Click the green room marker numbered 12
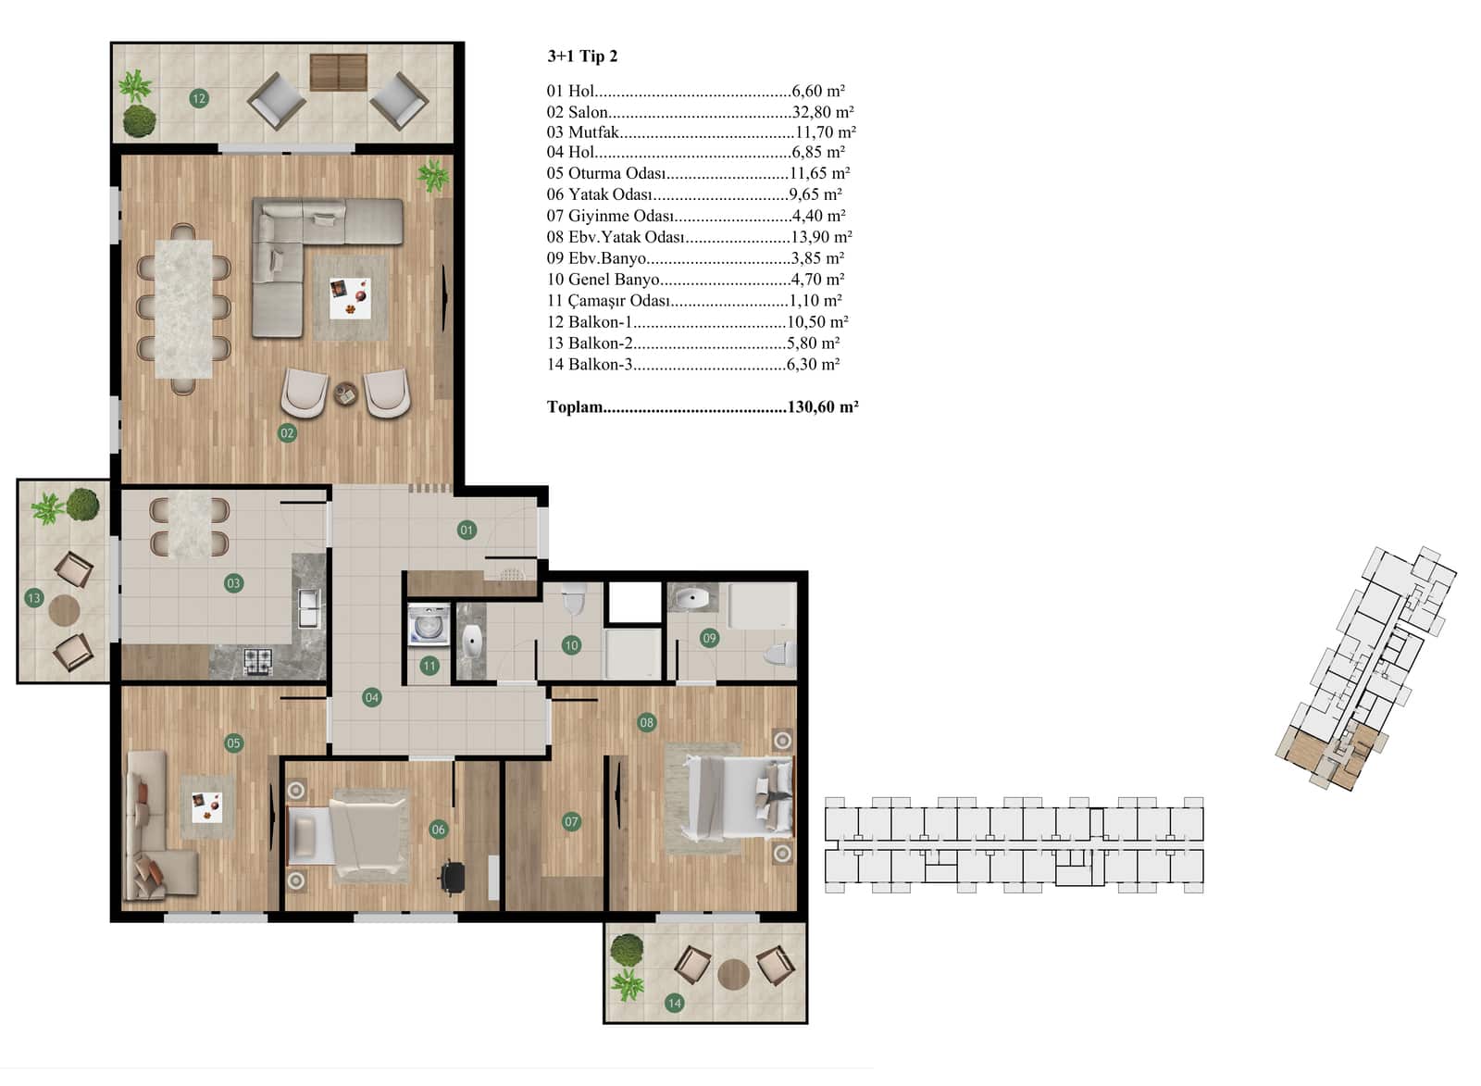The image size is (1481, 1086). click(199, 98)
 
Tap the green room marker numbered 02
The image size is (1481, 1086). click(287, 433)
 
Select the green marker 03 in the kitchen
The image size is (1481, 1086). click(233, 583)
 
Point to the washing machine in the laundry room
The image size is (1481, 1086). click(429, 624)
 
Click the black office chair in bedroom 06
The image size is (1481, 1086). click(453, 878)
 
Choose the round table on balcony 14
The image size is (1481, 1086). click(733, 974)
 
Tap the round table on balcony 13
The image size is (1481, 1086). click(64, 610)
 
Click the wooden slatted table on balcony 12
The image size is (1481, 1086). click(339, 72)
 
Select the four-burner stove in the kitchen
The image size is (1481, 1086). click(258, 661)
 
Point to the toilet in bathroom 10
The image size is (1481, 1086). click(573, 598)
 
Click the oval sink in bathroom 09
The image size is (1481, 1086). click(691, 599)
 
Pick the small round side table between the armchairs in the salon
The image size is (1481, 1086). click(345, 394)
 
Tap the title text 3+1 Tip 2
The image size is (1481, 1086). click(582, 56)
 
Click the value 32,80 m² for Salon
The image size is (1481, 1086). click(823, 111)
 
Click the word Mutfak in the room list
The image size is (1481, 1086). click(593, 132)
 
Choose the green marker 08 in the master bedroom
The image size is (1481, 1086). click(647, 723)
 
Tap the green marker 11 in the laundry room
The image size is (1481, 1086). click(429, 666)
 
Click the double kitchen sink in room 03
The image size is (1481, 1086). click(309, 608)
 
